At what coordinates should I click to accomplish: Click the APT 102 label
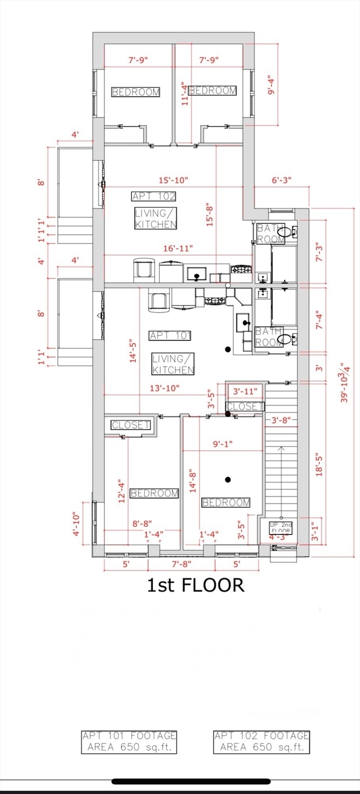154,196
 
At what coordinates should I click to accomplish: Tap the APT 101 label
170,335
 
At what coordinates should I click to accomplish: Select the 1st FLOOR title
196,585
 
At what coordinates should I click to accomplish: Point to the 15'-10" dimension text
173,180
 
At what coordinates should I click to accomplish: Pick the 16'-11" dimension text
178,248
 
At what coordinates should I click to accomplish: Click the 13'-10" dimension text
164,388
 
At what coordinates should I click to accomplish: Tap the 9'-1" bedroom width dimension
223,444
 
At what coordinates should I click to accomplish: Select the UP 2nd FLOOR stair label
281,528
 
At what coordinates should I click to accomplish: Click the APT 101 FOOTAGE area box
129,742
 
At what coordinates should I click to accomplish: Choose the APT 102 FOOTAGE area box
262,742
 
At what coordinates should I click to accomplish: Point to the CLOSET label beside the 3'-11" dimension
245,406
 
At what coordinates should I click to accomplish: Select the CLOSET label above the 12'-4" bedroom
130,424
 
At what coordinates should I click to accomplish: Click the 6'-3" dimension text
281,180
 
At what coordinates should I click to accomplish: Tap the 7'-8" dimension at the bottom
182,563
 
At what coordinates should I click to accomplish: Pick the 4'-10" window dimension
76,524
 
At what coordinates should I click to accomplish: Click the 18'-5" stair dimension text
319,464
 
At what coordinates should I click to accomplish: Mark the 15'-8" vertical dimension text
209,215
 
